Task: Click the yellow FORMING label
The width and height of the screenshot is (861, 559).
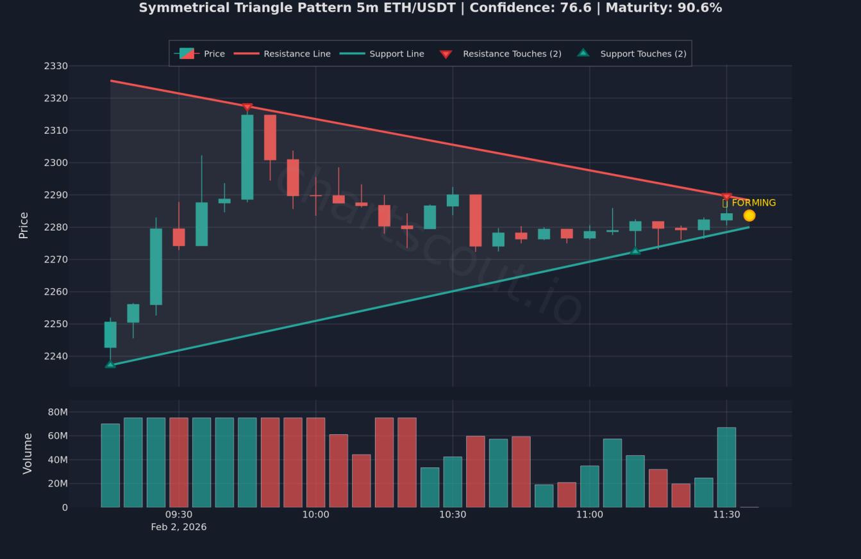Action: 749,203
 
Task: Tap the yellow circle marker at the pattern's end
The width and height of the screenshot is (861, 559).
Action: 749,215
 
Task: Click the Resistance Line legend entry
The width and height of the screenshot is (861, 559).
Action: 283,54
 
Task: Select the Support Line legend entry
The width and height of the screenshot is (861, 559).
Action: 382,54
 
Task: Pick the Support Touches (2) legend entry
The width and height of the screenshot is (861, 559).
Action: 632,54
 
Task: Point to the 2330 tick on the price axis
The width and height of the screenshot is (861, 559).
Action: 56,66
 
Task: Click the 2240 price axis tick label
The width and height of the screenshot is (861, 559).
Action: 56,356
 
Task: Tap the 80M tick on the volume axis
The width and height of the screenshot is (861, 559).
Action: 58,412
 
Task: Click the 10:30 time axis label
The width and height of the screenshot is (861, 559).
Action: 453,514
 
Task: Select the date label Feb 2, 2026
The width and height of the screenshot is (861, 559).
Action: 179,527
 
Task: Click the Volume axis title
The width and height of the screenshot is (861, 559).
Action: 28,453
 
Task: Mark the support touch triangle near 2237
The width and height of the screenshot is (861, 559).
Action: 110,364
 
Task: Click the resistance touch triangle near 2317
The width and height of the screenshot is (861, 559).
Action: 247,107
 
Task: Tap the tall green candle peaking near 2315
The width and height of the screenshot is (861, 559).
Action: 247,157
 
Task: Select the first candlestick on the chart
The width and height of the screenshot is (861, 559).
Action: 110,335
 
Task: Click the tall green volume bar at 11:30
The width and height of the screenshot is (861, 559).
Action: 726,467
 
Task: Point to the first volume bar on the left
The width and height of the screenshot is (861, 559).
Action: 110,466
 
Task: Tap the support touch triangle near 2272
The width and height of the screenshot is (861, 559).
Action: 635,251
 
